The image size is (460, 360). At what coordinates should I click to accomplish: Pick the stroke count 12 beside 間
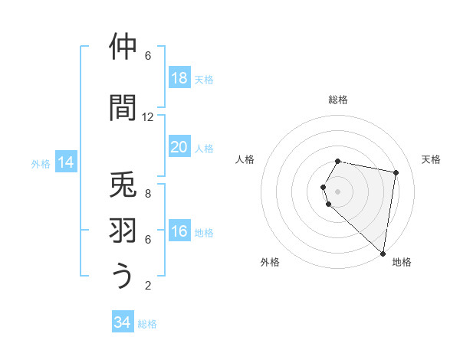tap(148, 117)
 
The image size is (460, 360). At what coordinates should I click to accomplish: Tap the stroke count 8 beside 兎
tap(148, 194)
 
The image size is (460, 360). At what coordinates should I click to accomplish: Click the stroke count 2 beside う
tap(148, 286)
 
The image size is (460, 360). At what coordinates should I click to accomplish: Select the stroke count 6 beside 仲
tap(148, 56)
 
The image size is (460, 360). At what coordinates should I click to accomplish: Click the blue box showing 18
tap(179, 78)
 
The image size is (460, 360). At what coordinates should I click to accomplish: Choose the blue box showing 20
tap(179, 147)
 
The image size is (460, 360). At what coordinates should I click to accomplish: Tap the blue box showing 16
tap(179, 231)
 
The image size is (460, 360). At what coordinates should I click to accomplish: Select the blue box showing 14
tap(66, 162)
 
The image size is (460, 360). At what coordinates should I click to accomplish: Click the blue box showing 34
tap(123, 322)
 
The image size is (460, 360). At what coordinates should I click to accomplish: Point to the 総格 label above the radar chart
tap(338, 100)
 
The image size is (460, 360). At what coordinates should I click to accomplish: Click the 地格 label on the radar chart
tap(402, 262)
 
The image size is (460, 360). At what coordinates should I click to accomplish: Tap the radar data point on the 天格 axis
tap(396, 173)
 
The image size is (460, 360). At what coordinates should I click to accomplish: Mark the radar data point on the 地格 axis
tap(383, 254)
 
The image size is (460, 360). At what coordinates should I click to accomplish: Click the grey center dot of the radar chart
tap(338, 191)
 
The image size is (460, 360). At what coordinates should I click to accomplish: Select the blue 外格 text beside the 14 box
tap(41, 163)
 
